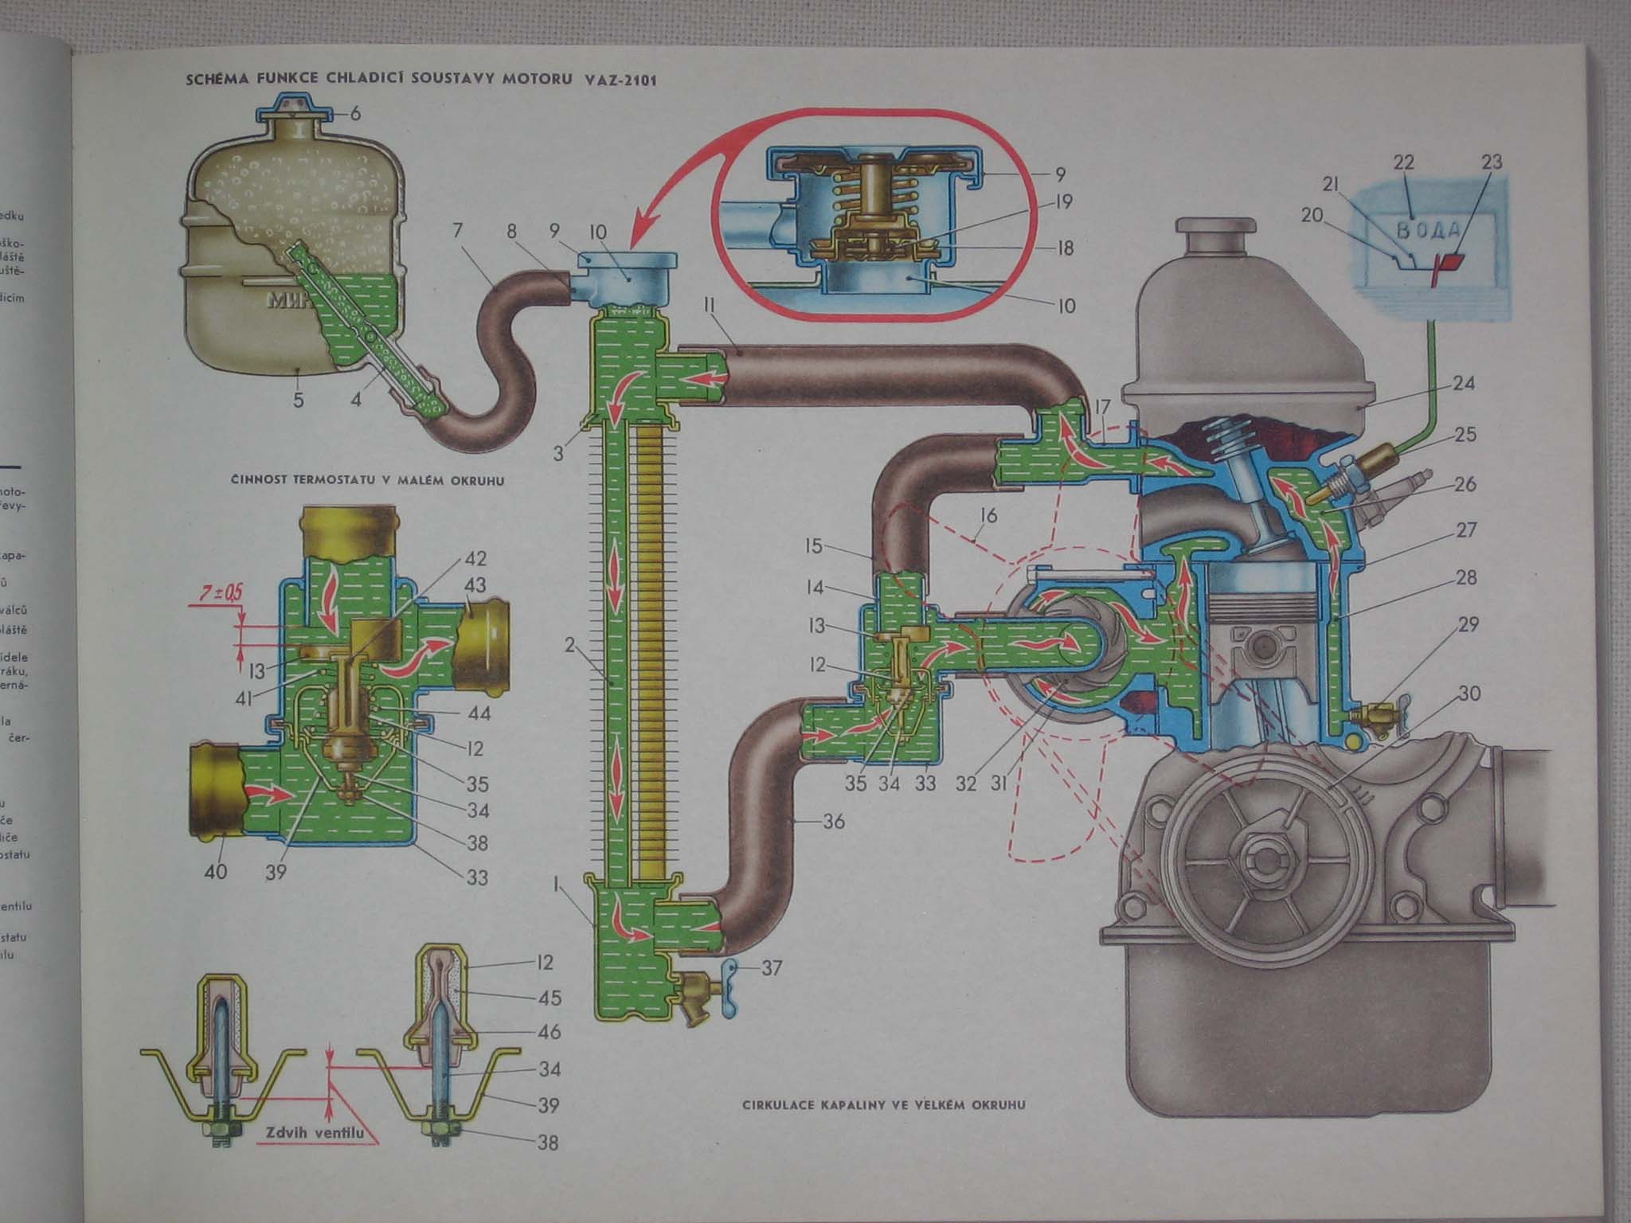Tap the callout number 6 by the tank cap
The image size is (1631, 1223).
[354, 114]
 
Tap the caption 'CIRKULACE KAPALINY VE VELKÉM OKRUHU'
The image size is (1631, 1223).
[884, 1104]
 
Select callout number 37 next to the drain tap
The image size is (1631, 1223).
[772, 968]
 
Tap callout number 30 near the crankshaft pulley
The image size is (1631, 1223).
[1469, 694]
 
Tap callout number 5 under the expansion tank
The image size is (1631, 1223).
[298, 399]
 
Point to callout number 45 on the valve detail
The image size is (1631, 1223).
[550, 997]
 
